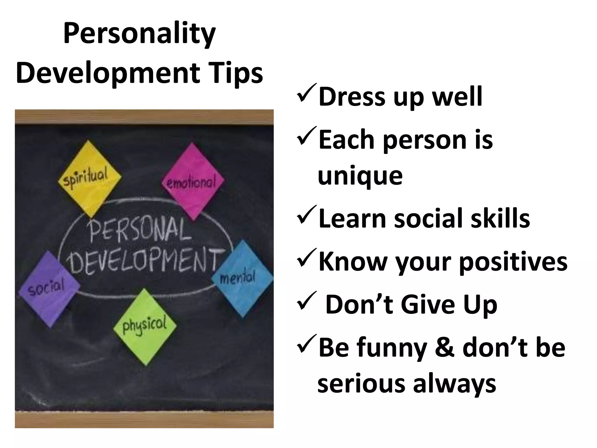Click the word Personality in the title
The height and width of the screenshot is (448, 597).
point(139,34)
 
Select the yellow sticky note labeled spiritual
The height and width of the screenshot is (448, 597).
point(89,178)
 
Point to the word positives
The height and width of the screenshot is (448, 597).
point(513,262)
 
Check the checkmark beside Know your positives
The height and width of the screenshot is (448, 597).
point(307,258)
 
